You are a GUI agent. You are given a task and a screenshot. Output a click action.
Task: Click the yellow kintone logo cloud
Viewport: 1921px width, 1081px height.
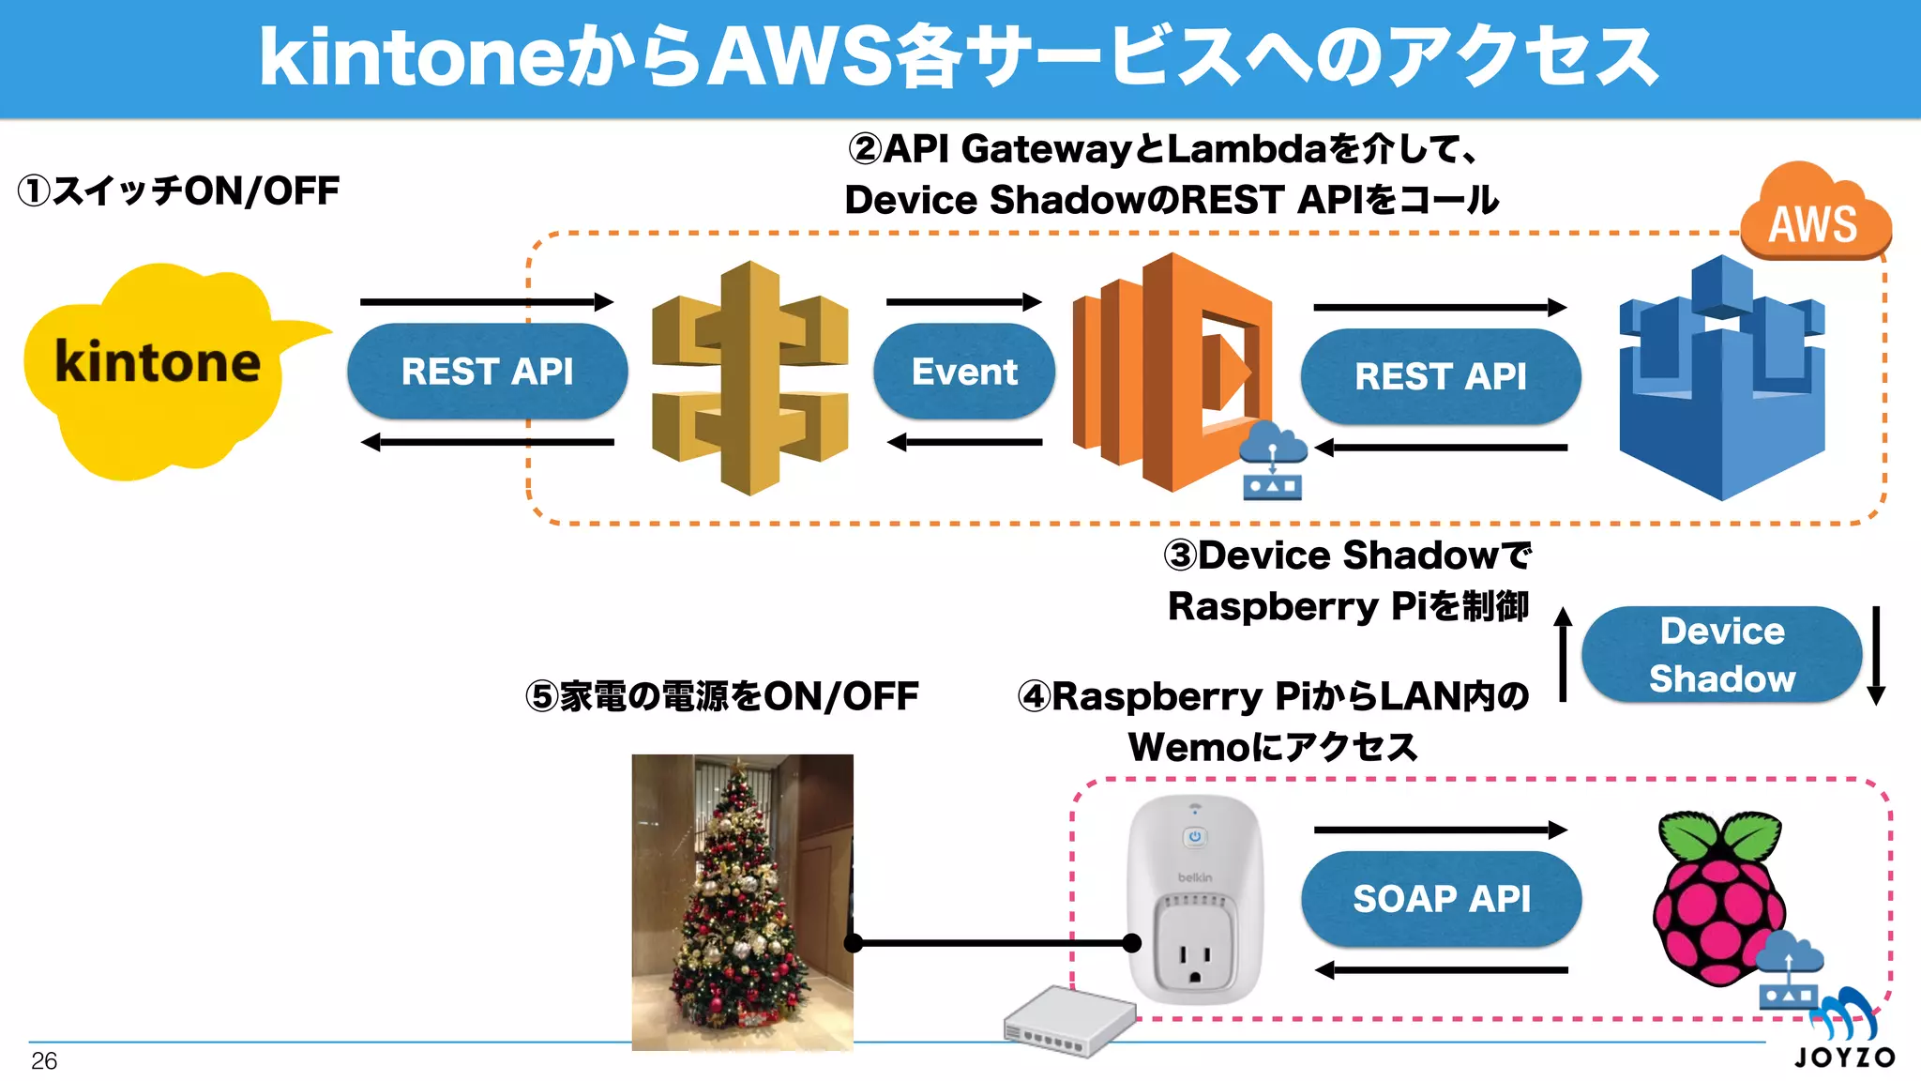point(155,371)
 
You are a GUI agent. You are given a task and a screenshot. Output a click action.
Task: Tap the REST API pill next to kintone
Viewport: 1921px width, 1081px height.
point(487,372)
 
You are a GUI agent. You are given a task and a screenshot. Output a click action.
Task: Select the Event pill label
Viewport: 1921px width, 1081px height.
point(963,372)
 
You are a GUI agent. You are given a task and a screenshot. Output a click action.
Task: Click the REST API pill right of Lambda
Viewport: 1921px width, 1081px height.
point(1440,376)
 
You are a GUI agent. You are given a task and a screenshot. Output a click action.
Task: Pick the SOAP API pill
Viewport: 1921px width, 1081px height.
point(1441,899)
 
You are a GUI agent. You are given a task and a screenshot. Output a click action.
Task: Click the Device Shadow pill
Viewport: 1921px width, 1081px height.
point(1721,655)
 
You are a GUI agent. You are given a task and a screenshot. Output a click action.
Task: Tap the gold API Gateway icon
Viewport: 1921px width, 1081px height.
point(749,377)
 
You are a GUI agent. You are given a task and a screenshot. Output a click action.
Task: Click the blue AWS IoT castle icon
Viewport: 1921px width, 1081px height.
point(1721,380)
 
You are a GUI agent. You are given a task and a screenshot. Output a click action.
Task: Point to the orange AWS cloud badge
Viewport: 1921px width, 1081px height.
point(1814,216)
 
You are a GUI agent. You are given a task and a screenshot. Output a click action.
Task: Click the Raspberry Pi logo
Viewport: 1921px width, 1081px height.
point(1718,896)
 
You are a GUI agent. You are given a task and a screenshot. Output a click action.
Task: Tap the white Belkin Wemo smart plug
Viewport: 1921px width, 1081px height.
point(1195,901)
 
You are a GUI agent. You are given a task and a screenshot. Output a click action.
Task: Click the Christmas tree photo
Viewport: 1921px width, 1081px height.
point(742,901)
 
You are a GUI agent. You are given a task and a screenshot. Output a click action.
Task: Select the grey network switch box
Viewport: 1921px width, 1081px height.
point(1069,1023)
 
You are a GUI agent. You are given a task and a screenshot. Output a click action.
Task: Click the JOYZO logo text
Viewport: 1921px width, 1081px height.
point(1844,1058)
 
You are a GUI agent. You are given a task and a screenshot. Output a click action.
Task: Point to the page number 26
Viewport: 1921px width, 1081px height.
point(44,1061)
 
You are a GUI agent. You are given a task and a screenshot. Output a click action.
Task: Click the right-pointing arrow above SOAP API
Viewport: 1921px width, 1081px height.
point(1440,830)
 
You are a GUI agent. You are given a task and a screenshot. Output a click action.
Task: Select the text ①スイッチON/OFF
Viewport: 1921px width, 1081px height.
point(178,191)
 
